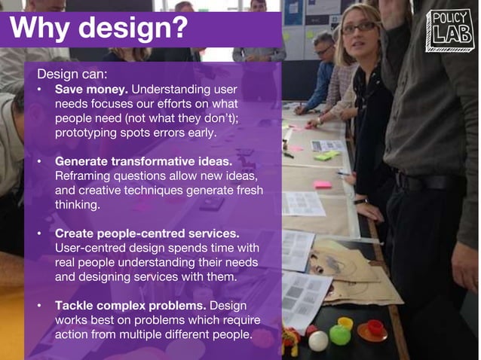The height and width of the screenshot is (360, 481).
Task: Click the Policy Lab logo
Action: click(x=449, y=30)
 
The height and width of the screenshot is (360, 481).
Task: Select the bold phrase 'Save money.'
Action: click(x=91, y=90)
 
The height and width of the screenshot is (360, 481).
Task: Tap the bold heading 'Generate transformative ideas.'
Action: click(x=142, y=161)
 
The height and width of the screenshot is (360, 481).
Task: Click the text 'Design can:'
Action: click(x=72, y=75)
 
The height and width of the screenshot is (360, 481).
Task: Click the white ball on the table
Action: click(x=318, y=340)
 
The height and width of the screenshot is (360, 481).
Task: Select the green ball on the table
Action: click(x=340, y=334)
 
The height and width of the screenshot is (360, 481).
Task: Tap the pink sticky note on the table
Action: click(x=323, y=185)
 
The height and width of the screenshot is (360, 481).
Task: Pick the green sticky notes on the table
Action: click(x=326, y=155)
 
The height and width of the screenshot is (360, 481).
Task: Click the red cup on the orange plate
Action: click(x=374, y=327)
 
